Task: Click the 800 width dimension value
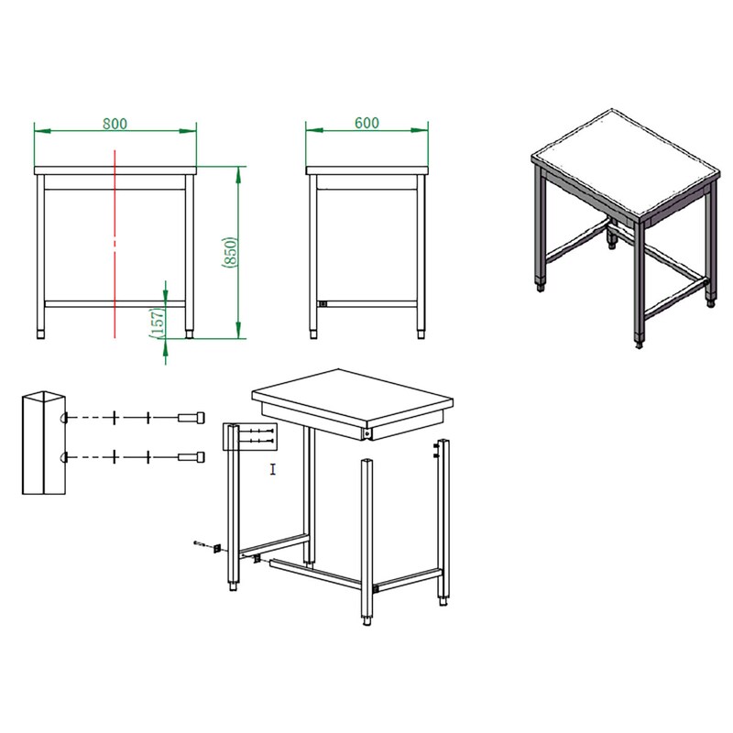point(115,124)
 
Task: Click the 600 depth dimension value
point(367,123)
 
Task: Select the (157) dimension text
point(158,323)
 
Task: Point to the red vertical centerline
point(115,244)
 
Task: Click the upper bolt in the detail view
point(191,417)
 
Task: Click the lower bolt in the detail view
point(191,456)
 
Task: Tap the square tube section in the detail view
point(44,443)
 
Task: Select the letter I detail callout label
point(273,469)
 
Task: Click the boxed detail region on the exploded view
point(250,437)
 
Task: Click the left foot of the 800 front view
point(40,334)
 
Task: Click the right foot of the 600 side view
point(421,334)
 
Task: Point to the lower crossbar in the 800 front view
point(115,304)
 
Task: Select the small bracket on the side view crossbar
point(323,304)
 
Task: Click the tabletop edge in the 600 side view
point(367,170)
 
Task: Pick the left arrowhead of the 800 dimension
point(42,131)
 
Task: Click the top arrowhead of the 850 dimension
point(238,174)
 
